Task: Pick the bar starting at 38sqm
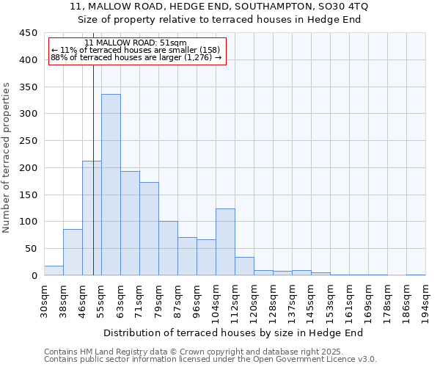(73, 252)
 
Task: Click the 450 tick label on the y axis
(28, 33)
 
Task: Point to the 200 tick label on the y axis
(28, 168)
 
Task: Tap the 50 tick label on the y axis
(31, 249)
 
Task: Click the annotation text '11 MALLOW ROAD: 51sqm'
(136, 43)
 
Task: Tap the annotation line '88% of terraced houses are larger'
(136, 57)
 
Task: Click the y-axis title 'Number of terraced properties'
(7, 157)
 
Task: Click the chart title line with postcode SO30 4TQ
(220, 7)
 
